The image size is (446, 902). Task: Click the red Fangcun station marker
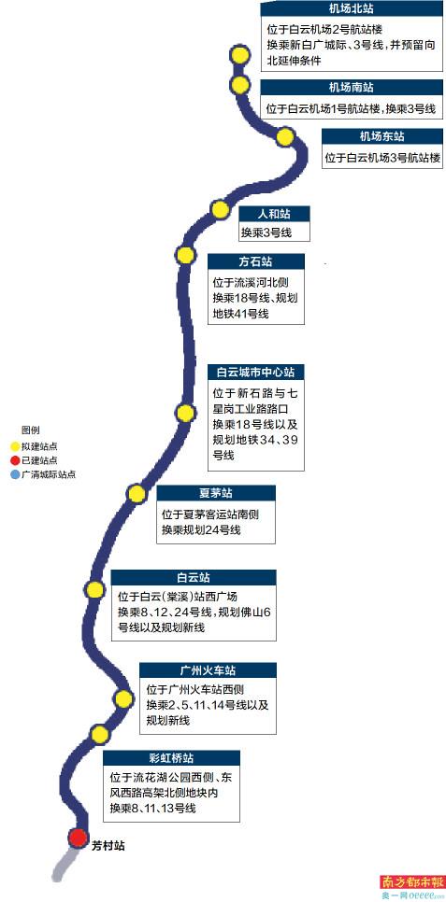coord(78,838)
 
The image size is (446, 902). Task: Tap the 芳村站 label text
coord(108,846)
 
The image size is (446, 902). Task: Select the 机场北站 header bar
coord(351,8)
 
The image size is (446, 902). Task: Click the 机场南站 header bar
coord(351,88)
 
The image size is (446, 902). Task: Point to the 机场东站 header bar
coord(381,136)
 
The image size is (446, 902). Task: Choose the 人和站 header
coord(274,214)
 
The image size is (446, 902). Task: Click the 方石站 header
coord(256,261)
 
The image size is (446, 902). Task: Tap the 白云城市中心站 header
coord(256,373)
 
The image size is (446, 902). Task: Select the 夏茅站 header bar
coord(215,493)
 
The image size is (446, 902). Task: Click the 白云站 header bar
coord(193,578)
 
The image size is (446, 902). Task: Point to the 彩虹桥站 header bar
coord(172,757)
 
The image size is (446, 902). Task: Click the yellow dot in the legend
coord(14,445)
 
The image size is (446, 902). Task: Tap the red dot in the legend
coord(14,460)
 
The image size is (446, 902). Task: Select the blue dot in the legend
coord(14,474)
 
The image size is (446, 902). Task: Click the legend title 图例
coord(31,430)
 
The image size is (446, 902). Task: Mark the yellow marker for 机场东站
coord(285,137)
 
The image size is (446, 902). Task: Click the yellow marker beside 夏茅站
coord(137,494)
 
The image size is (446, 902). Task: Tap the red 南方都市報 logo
coord(410,881)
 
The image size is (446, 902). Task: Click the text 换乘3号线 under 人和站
coord(266,233)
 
